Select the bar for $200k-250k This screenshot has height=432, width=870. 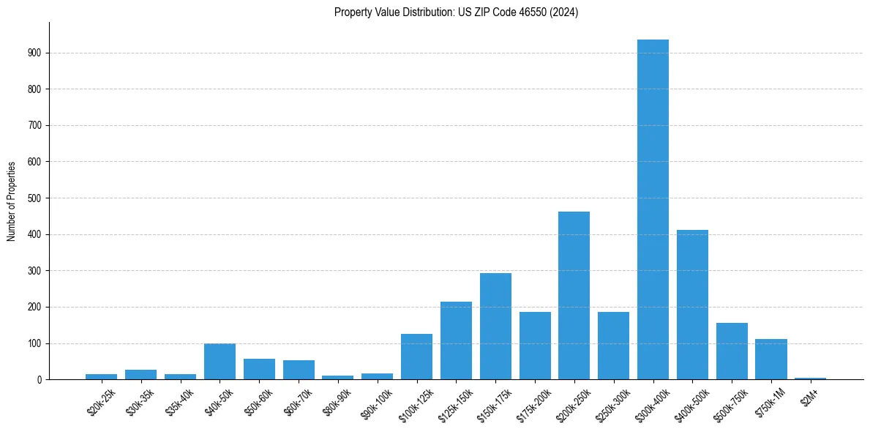(x=574, y=296)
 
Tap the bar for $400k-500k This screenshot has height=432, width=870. (x=692, y=305)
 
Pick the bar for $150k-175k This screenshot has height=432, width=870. (x=495, y=327)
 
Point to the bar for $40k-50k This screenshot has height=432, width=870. (x=220, y=362)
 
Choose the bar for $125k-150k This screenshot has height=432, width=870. (x=456, y=340)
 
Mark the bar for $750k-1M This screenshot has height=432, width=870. (x=770, y=360)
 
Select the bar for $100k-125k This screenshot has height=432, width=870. (x=416, y=357)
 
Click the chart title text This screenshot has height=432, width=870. (x=456, y=12)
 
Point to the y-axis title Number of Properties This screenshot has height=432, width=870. (x=12, y=201)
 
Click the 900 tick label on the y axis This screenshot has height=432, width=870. (x=35, y=53)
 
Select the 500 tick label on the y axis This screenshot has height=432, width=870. (x=35, y=198)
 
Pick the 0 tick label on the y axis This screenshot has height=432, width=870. (x=40, y=380)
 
